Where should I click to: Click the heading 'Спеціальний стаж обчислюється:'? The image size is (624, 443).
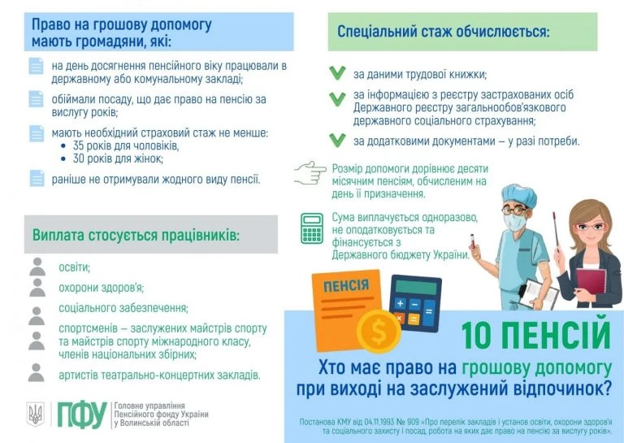tap(443, 33)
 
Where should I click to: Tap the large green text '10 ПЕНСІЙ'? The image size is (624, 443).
tap(535, 334)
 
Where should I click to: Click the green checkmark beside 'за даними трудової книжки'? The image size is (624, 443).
tap(337, 73)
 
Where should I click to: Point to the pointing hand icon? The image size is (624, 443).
tap(310, 172)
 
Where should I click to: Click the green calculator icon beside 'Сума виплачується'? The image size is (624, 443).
tap(312, 228)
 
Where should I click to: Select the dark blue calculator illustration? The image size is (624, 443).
tap(416, 303)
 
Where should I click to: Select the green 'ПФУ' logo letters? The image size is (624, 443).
tap(81, 415)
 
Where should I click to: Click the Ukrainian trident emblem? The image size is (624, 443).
tap(36, 415)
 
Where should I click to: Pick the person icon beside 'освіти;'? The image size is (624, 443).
tap(37, 267)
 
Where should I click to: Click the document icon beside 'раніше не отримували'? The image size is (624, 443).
tap(37, 178)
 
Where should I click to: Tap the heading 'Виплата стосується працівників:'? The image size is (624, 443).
tap(136, 235)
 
